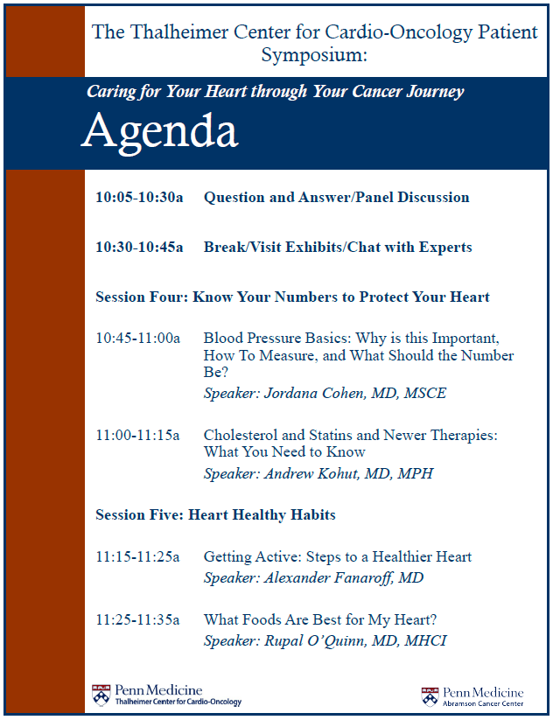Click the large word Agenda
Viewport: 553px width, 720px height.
(160, 132)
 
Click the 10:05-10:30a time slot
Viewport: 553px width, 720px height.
(139, 198)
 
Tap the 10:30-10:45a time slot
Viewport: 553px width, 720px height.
(139, 248)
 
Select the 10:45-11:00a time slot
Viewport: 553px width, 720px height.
(137, 338)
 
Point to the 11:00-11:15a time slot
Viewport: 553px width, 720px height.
(137, 435)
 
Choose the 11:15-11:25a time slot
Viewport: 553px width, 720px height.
(137, 557)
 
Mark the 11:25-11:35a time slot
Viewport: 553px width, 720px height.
(137, 620)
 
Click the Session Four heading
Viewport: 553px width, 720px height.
(292, 297)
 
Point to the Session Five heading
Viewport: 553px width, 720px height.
(215, 515)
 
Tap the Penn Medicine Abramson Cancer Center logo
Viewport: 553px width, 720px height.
(472, 696)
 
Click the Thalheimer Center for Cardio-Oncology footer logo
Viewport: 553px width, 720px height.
(166, 696)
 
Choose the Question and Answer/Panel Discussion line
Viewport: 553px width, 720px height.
(336, 198)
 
